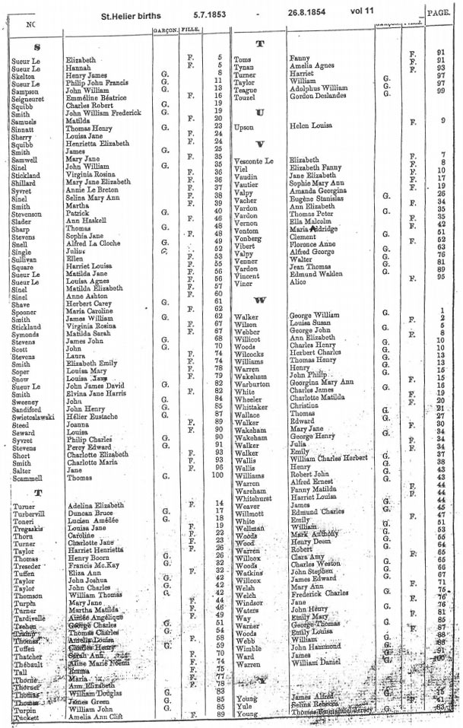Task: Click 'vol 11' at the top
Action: [379, 13]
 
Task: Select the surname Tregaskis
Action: [28, 526]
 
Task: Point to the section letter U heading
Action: [260, 112]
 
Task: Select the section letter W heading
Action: [260, 300]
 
